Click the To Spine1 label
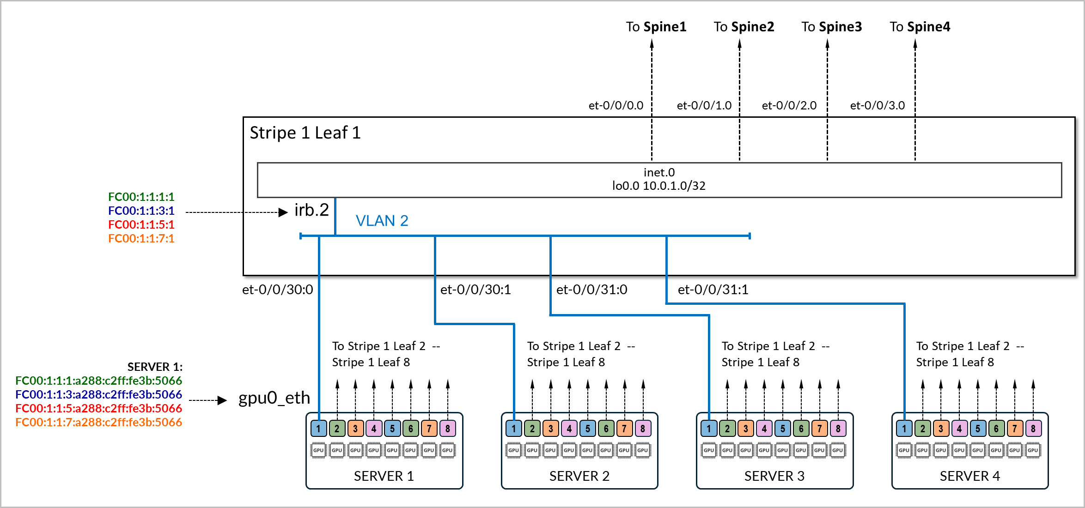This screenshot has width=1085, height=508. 656,27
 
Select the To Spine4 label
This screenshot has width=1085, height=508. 920,27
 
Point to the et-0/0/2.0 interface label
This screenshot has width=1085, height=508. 789,105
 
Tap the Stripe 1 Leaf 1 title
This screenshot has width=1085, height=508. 305,133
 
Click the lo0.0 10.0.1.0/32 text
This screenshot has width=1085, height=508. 658,186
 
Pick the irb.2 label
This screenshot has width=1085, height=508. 311,210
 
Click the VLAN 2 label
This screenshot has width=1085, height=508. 382,221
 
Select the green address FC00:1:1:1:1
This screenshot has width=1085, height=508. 141,197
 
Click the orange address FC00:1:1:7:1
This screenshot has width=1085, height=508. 141,239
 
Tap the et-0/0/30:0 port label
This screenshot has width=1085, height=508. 277,290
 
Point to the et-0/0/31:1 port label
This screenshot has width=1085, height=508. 713,290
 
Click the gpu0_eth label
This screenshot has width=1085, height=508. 274,398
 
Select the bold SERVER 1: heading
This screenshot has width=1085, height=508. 155,367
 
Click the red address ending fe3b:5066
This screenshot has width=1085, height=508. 98,408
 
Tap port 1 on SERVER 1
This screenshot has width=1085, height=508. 318,429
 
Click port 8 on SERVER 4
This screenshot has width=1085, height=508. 1033,429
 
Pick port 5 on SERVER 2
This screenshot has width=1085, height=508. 587,429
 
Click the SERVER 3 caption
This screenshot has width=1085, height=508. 774,476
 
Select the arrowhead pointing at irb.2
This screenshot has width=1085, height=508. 283,212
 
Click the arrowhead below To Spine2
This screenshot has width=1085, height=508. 739,44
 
